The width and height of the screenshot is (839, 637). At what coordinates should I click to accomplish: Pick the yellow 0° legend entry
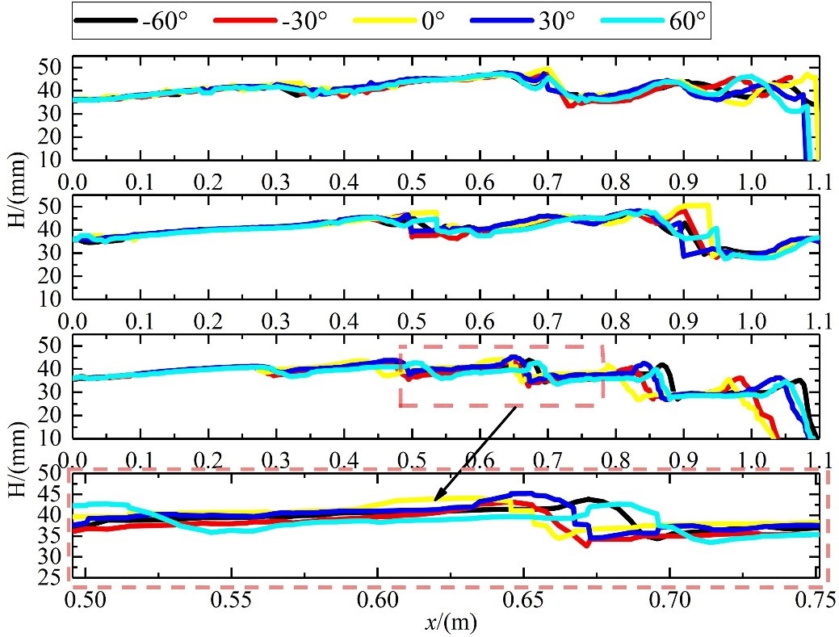(x=420, y=21)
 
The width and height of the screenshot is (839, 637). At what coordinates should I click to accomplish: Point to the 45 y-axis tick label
(x=51, y=492)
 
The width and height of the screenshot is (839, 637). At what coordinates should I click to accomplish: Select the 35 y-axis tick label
(x=51, y=535)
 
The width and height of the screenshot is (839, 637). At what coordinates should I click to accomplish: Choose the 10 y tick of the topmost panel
(x=53, y=160)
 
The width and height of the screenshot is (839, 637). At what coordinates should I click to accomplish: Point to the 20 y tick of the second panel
(x=53, y=276)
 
